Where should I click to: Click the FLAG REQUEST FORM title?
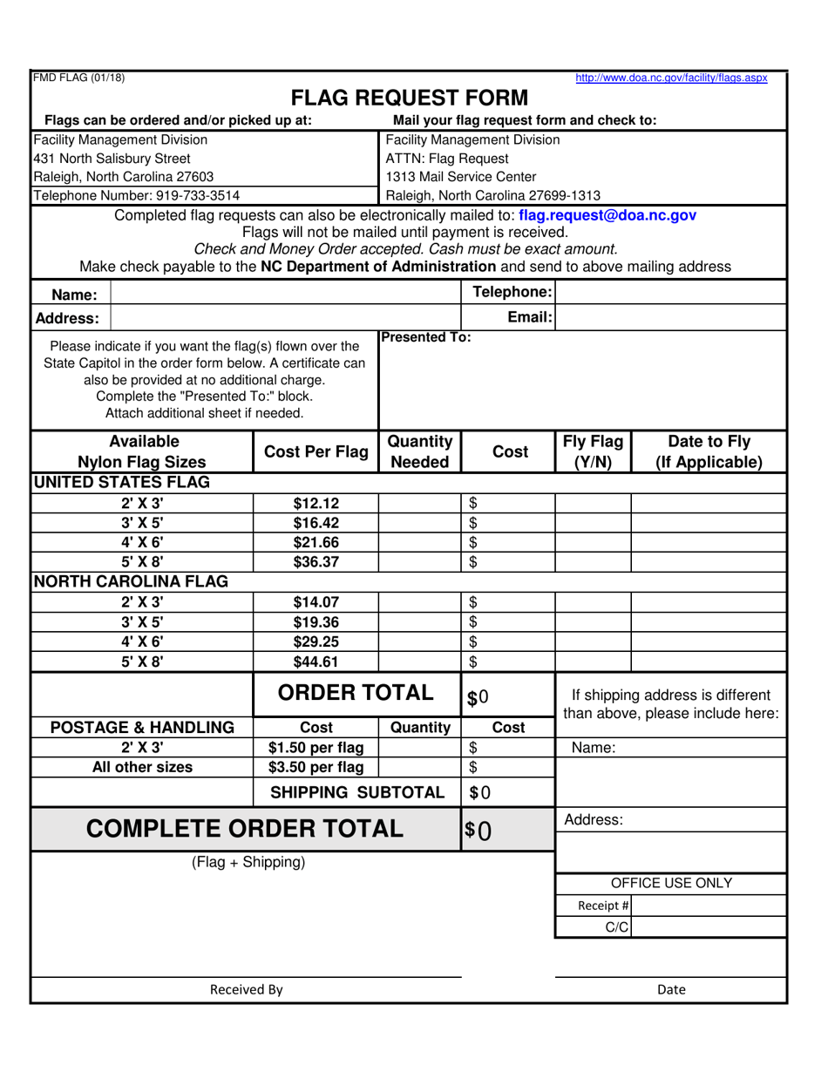pos(409,98)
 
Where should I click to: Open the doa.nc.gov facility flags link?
pos(671,78)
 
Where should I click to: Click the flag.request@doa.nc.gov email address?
pos(607,214)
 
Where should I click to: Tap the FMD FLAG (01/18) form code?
pos(78,78)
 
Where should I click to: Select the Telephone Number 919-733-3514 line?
pos(137,195)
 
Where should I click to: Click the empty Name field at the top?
pos(285,295)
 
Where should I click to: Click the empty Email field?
pos(669,318)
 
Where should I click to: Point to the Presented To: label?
pos(426,337)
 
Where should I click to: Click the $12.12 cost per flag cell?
pos(316,503)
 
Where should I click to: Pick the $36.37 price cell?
pos(316,562)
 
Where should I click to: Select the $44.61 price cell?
pos(316,662)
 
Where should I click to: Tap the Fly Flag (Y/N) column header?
pos(593,451)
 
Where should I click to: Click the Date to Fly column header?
pos(708,451)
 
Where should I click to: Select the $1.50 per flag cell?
pos(316,747)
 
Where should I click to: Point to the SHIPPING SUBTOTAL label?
pos(357,792)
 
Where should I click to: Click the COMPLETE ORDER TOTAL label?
pos(245,829)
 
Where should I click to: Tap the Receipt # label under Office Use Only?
pos(603,906)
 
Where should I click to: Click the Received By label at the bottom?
pos(246,989)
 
